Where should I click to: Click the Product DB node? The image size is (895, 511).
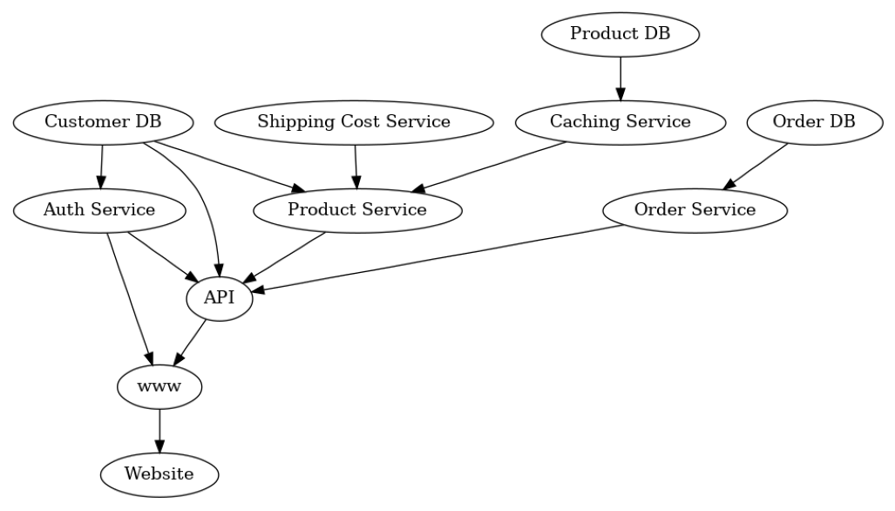[620, 34]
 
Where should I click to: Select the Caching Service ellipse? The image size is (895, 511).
[620, 122]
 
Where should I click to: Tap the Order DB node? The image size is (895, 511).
[814, 122]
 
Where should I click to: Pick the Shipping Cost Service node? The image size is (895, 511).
[354, 122]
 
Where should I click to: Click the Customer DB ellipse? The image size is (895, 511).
[103, 122]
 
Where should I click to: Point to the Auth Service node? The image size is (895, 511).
[99, 210]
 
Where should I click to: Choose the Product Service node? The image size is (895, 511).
[357, 210]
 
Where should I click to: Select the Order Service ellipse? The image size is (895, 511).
[695, 210]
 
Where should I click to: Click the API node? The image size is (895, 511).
[220, 298]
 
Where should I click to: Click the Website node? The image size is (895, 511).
[159, 474]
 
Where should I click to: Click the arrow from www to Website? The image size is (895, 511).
[159, 431]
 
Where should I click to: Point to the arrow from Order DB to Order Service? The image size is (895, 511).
[756, 166]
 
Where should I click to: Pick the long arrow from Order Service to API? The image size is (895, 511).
[436, 258]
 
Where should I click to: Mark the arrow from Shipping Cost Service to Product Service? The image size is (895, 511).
[356, 166]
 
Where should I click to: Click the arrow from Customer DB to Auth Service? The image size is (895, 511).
[101, 166]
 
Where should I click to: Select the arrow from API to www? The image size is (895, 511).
[192, 341]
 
